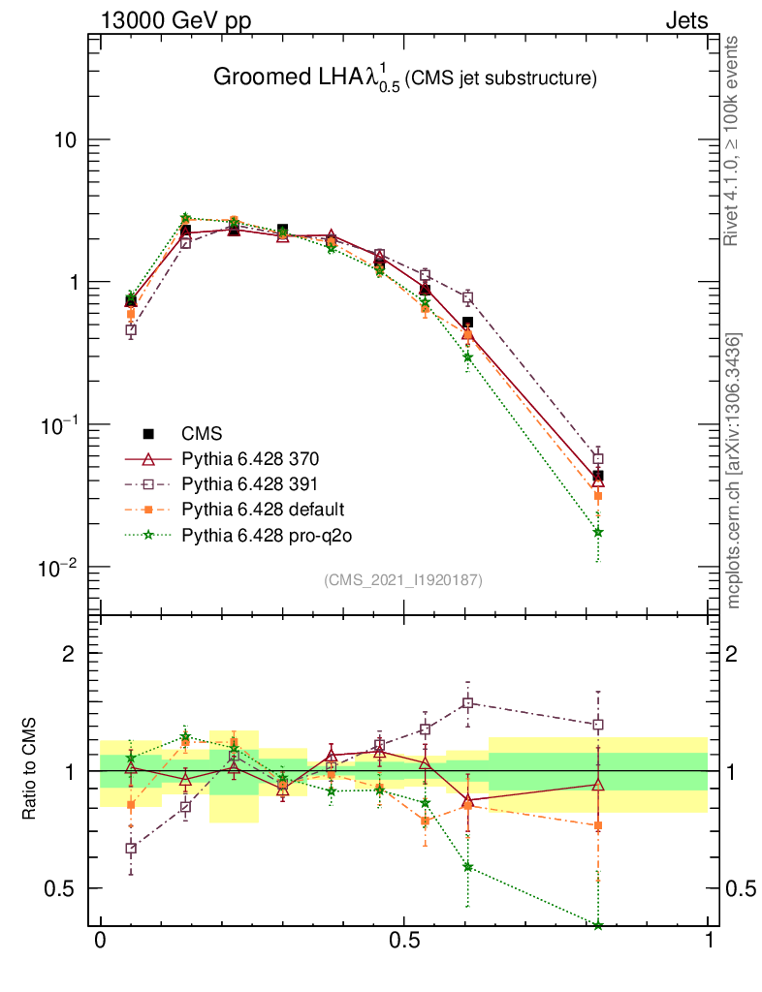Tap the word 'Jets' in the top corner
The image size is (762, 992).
pyautogui.click(x=685, y=20)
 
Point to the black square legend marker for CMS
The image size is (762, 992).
pyautogui.click(x=148, y=433)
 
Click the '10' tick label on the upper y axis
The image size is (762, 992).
pyautogui.click(x=65, y=140)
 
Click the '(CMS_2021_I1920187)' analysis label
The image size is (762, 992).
pyautogui.click(x=403, y=579)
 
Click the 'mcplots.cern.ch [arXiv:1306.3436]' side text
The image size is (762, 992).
pyautogui.click(x=735, y=471)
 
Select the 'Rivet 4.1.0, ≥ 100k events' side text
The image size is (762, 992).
pyautogui.click(x=735, y=141)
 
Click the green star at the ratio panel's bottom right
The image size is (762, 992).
pyautogui.click(x=598, y=925)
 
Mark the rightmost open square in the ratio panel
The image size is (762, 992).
pyautogui.click(x=598, y=725)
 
